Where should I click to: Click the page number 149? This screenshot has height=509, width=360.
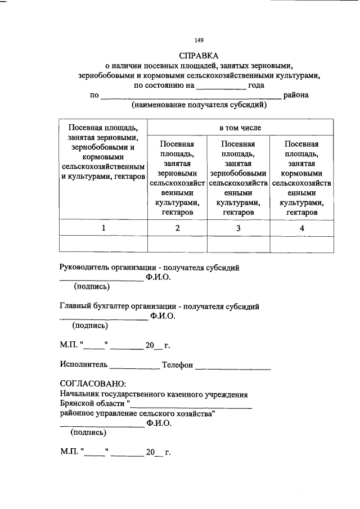(199, 40)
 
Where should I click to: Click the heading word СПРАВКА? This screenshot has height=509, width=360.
(199, 56)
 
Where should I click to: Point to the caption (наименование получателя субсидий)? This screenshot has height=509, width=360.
(199, 105)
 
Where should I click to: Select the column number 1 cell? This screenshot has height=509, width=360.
(103, 228)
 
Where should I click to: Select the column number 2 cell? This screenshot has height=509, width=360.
(177, 228)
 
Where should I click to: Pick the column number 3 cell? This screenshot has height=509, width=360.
(238, 228)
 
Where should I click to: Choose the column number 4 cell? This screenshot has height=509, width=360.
(301, 228)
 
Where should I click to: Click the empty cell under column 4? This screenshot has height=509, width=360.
(301, 244)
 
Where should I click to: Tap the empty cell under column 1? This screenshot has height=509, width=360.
(103, 244)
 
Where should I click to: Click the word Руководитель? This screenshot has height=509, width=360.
(84, 268)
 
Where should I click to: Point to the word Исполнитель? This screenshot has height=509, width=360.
(84, 365)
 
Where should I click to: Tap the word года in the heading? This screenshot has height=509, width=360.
(256, 85)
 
